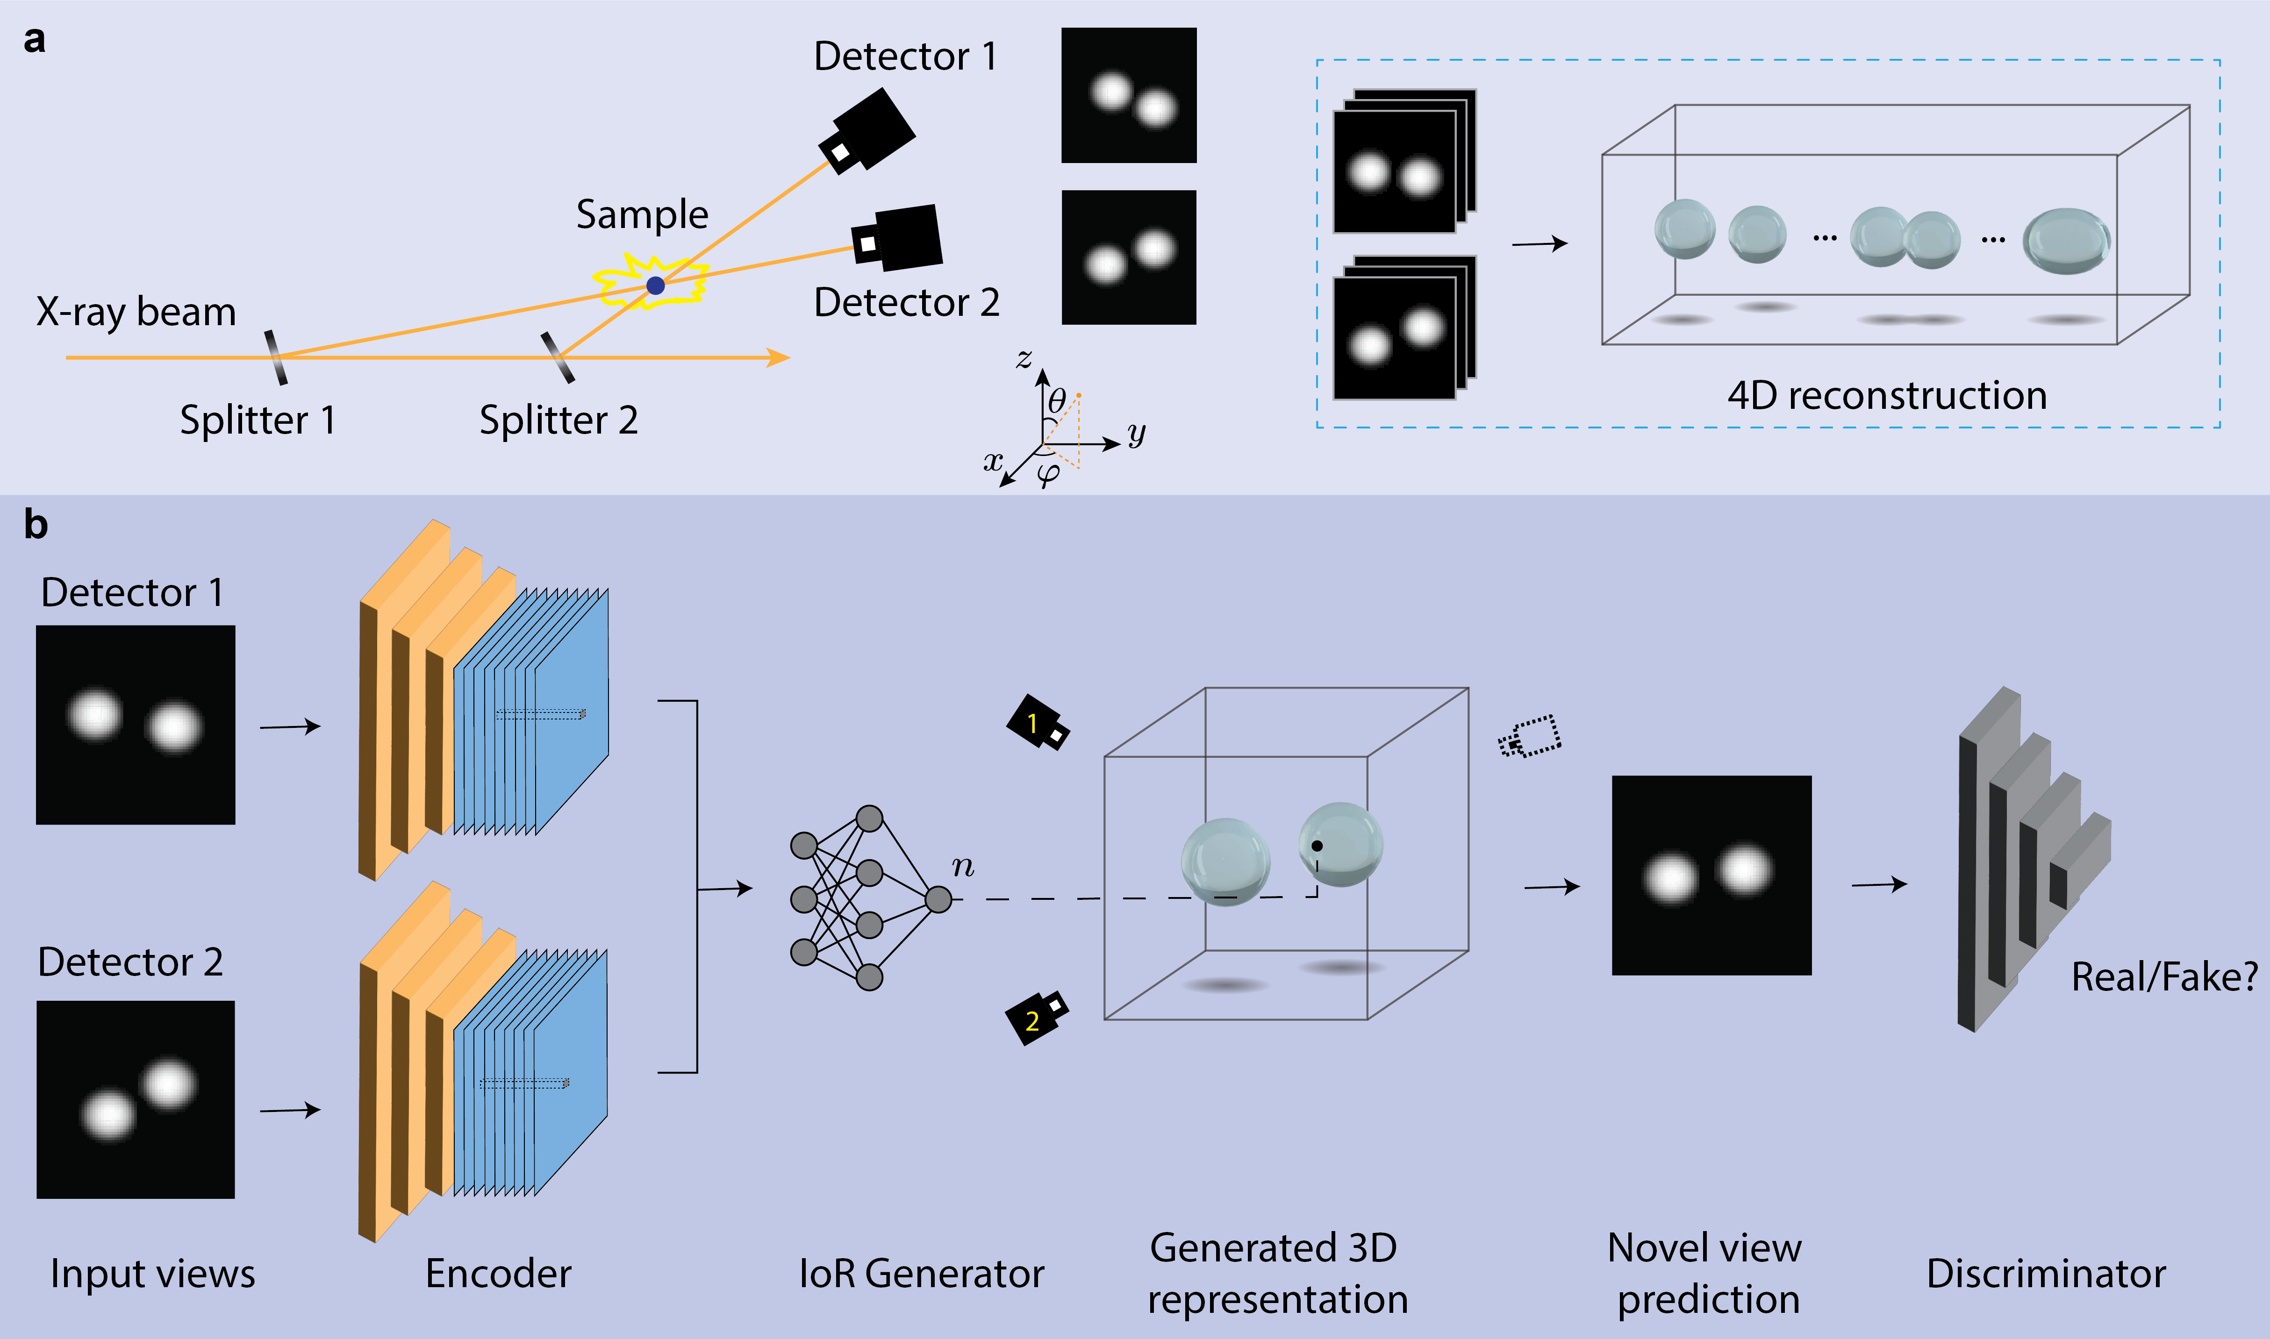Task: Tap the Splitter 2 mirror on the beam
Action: [x=557, y=357]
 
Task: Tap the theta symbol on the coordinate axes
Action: [x=1057, y=400]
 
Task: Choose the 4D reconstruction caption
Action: [x=1886, y=396]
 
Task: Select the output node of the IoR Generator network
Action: [x=938, y=899]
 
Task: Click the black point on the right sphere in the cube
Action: [x=1317, y=846]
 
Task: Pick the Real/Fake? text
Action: [x=2163, y=977]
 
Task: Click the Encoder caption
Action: [x=498, y=1273]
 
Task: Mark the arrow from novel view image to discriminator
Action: [x=1879, y=885]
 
